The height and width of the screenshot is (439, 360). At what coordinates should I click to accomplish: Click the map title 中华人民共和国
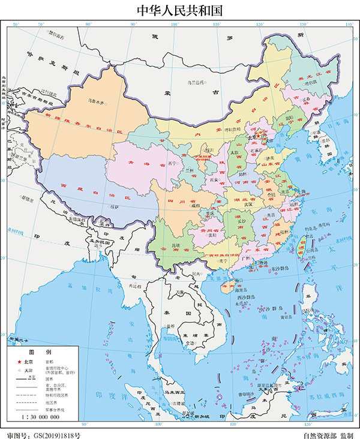click(179, 10)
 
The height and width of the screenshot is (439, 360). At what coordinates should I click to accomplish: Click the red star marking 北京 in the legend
click(19, 362)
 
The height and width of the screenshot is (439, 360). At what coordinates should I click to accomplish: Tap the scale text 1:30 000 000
click(40, 416)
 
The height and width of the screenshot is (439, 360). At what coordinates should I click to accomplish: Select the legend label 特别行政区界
click(48, 395)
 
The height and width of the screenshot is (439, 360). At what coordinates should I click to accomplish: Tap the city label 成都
click(194, 206)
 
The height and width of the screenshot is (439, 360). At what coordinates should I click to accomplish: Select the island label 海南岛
click(226, 288)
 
